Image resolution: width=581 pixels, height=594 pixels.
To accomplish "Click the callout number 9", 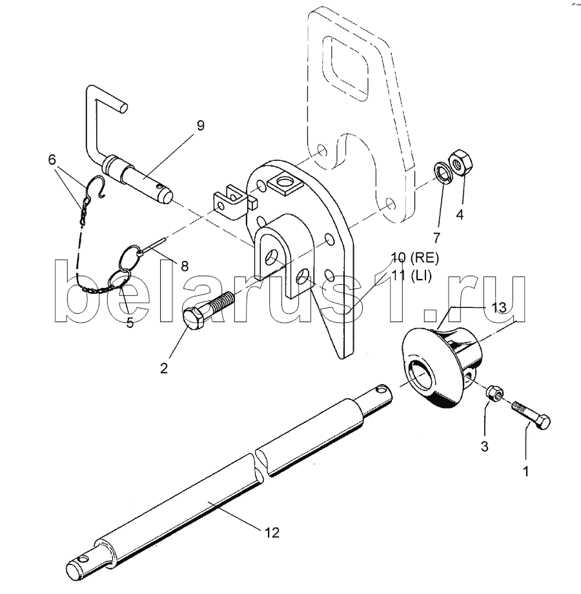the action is click(x=200, y=125).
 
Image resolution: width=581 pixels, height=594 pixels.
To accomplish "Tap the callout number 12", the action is click(x=272, y=532).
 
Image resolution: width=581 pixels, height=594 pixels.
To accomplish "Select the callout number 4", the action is click(x=460, y=214).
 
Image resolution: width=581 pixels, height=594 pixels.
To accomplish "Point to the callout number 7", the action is click(x=436, y=238).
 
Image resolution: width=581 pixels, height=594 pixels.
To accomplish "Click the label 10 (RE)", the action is click(x=414, y=258).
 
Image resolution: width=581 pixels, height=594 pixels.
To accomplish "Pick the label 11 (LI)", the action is click(x=411, y=276).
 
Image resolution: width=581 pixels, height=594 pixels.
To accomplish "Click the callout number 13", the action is click(x=499, y=307).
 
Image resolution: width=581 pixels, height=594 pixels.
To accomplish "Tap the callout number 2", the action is click(x=163, y=368).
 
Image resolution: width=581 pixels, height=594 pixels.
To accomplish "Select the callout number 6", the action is click(x=52, y=159).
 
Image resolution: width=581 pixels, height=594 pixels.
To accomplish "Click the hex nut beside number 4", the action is click(x=460, y=163).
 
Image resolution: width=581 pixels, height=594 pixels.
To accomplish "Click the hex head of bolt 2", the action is click(x=194, y=319).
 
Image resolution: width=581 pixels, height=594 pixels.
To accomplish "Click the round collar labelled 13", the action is click(x=440, y=367).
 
